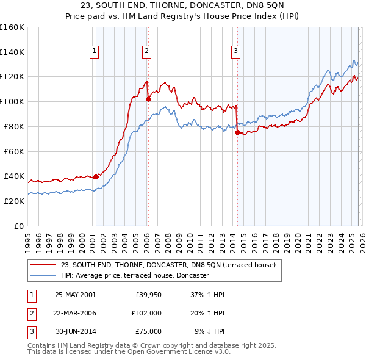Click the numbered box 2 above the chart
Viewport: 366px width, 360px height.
tap(148, 52)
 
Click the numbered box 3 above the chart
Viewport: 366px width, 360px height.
tap(235, 52)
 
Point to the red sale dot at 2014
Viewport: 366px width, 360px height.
tap(237, 132)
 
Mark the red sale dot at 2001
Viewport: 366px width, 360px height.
tap(96, 176)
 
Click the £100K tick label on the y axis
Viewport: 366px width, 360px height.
tap(12, 101)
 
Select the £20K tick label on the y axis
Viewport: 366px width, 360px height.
tap(14, 201)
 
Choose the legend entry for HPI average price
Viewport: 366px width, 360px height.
tap(135, 276)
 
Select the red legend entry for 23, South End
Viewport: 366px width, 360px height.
tap(168, 265)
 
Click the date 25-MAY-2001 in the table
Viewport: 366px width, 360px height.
tap(75, 295)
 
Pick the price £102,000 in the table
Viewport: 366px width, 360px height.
tap(146, 313)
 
